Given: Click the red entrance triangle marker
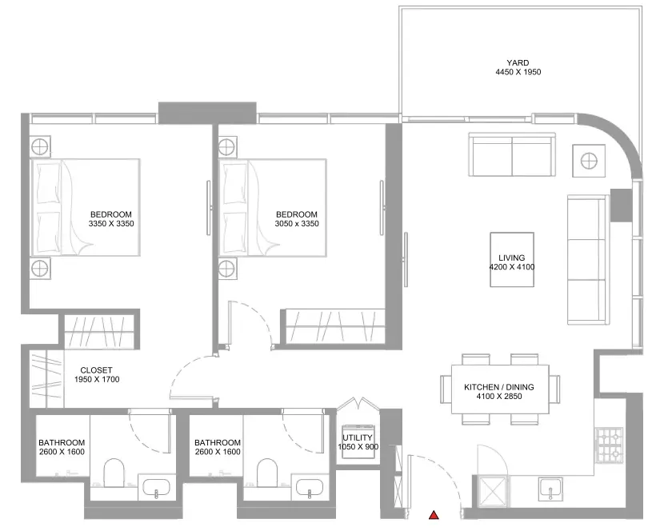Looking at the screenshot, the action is pyautogui.click(x=434, y=514).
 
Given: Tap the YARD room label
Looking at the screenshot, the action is pyautogui.click(x=518, y=62).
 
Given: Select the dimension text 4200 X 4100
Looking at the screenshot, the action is pyautogui.click(x=512, y=267).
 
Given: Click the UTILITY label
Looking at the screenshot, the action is pyautogui.click(x=358, y=437).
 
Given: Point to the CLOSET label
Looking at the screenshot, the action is pyautogui.click(x=96, y=370).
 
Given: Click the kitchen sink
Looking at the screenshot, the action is pyautogui.click(x=551, y=489).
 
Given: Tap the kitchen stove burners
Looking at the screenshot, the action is pyautogui.click(x=609, y=445).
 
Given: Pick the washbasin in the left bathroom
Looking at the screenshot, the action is pyautogui.click(x=157, y=488).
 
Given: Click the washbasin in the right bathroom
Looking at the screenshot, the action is pyautogui.click(x=310, y=488).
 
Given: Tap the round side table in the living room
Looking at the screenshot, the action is pyautogui.click(x=589, y=161).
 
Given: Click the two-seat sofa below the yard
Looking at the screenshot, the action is pyautogui.click(x=512, y=155).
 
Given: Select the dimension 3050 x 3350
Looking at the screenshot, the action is pyautogui.click(x=297, y=223).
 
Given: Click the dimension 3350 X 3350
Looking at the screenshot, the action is pyautogui.click(x=111, y=223).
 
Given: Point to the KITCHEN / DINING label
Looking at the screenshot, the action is pyautogui.click(x=498, y=387).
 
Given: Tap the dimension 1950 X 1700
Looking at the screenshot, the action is pyautogui.click(x=97, y=380).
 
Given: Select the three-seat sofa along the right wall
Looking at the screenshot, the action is pyautogui.click(x=588, y=260).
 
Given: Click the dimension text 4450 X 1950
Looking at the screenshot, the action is pyautogui.click(x=518, y=72).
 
